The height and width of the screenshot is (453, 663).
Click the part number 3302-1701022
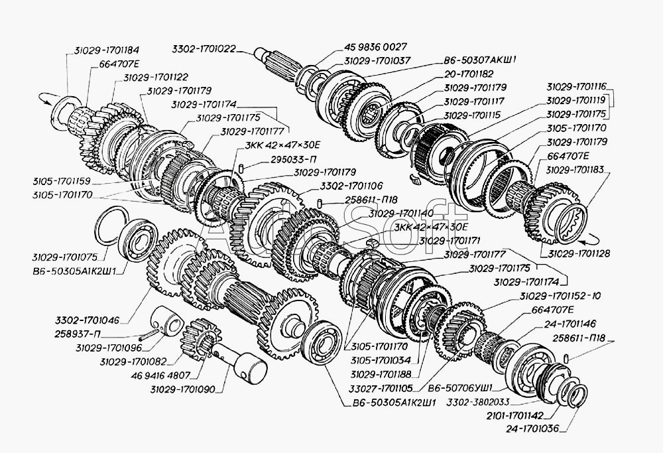click(x=204, y=48)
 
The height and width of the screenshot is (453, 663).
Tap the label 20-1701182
click(x=469, y=74)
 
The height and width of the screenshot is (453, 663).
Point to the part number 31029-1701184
click(x=107, y=50)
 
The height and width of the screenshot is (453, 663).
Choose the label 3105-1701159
click(x=61, y=182)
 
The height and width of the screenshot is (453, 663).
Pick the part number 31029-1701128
click(x=579, y=254)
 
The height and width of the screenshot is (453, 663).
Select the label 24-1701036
click(x=532, y=428)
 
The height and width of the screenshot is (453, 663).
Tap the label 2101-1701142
click(x=515, y=415)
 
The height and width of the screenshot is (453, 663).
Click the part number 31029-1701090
click(x=183, y=389)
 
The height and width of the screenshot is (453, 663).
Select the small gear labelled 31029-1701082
click(x=204, y=337)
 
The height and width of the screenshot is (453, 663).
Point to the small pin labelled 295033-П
click(x=241, y=168)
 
